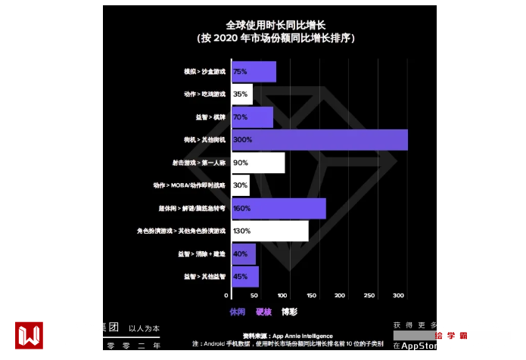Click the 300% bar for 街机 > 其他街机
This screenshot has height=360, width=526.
(318, 140)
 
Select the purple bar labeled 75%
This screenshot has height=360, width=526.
(253, 72)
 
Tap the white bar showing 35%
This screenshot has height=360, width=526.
(241, 95)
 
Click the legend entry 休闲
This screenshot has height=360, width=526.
(238, 312)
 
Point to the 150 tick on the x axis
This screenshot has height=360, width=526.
(311, 295)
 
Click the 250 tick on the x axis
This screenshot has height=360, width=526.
(369, 295)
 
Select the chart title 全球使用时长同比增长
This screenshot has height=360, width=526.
(269, 25)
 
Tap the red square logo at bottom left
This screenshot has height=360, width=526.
(29, 335)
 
